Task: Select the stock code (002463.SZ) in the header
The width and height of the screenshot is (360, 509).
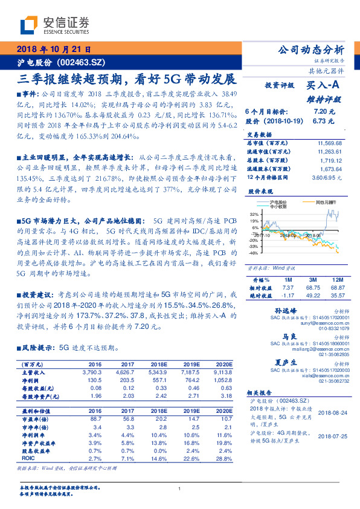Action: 80,62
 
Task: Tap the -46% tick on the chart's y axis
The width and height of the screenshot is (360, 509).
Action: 255,254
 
